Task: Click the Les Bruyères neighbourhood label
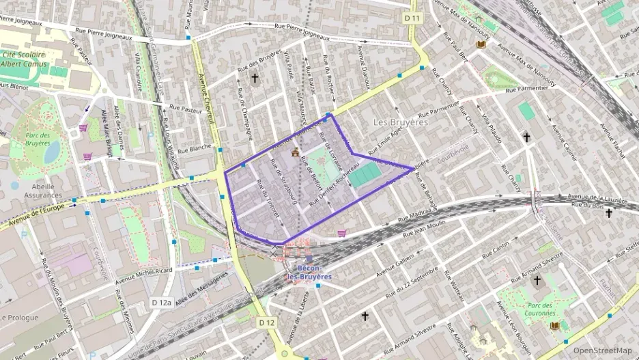(x=401, y=122)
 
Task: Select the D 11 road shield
(x=411, y=18)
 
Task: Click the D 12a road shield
(x=160, y=302)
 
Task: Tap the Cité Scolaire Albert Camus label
(x=25, y=59)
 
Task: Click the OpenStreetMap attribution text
(x=602, y=350)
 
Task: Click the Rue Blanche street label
(x=195, y=148)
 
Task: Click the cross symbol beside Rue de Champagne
(x=255, y=79)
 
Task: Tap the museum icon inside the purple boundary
(x=295, y=152)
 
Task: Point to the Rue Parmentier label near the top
(x=526, y=88)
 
